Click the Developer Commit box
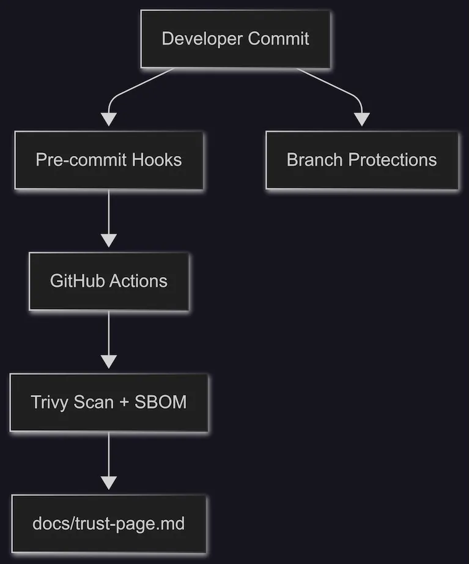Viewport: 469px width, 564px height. (235, 39)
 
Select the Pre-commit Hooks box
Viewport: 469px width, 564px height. (108, 160)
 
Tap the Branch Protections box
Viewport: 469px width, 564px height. (361, 160)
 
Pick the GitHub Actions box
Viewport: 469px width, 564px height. (108, 281)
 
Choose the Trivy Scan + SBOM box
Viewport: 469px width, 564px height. (108, 403)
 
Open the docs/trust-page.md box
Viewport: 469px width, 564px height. (108, 524)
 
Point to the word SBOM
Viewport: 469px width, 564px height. (163, 403)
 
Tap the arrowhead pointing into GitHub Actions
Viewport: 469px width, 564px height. (108, 240)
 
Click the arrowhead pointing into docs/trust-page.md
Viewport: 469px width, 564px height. (108, 483)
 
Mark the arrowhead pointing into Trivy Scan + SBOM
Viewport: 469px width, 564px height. (108, 362)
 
